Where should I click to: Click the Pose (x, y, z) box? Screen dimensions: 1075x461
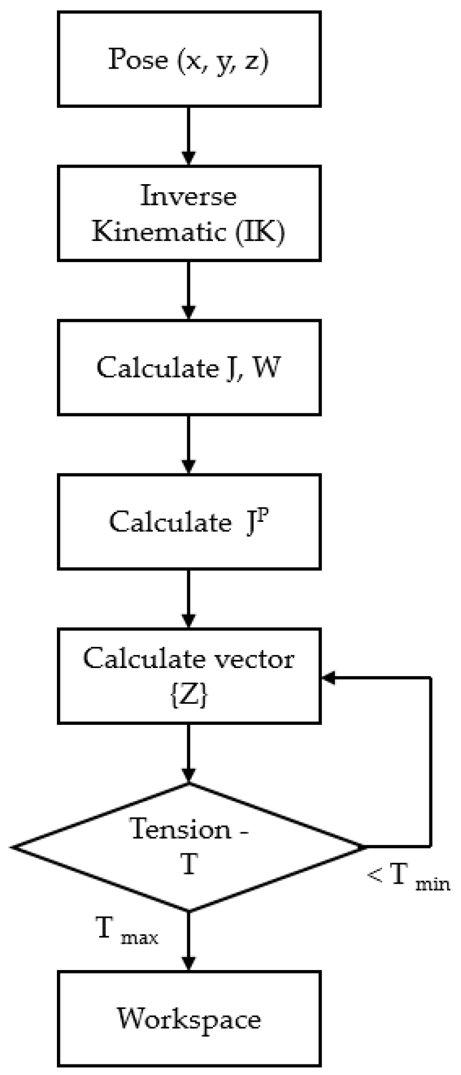point(188,59)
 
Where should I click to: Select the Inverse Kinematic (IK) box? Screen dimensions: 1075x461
point(188,213)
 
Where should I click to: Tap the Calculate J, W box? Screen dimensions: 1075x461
point(188,368)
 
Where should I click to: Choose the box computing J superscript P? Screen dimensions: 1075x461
point(188,521)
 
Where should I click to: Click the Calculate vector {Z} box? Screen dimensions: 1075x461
point(188,676)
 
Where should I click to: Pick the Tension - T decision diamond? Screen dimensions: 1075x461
point(188,847)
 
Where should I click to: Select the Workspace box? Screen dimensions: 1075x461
point(188,1019)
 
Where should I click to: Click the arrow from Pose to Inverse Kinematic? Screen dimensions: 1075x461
point(188,136)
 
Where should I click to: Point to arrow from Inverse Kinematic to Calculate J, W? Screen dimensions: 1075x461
point(188,290)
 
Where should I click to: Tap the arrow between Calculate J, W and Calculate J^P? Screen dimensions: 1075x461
point(188,445)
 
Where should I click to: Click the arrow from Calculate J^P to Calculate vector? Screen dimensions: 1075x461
point(188,598)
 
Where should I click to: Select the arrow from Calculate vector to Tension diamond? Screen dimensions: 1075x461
point(188,752)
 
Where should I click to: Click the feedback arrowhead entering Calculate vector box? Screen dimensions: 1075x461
point(328,678)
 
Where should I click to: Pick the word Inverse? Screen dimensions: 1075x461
point(188,196)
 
